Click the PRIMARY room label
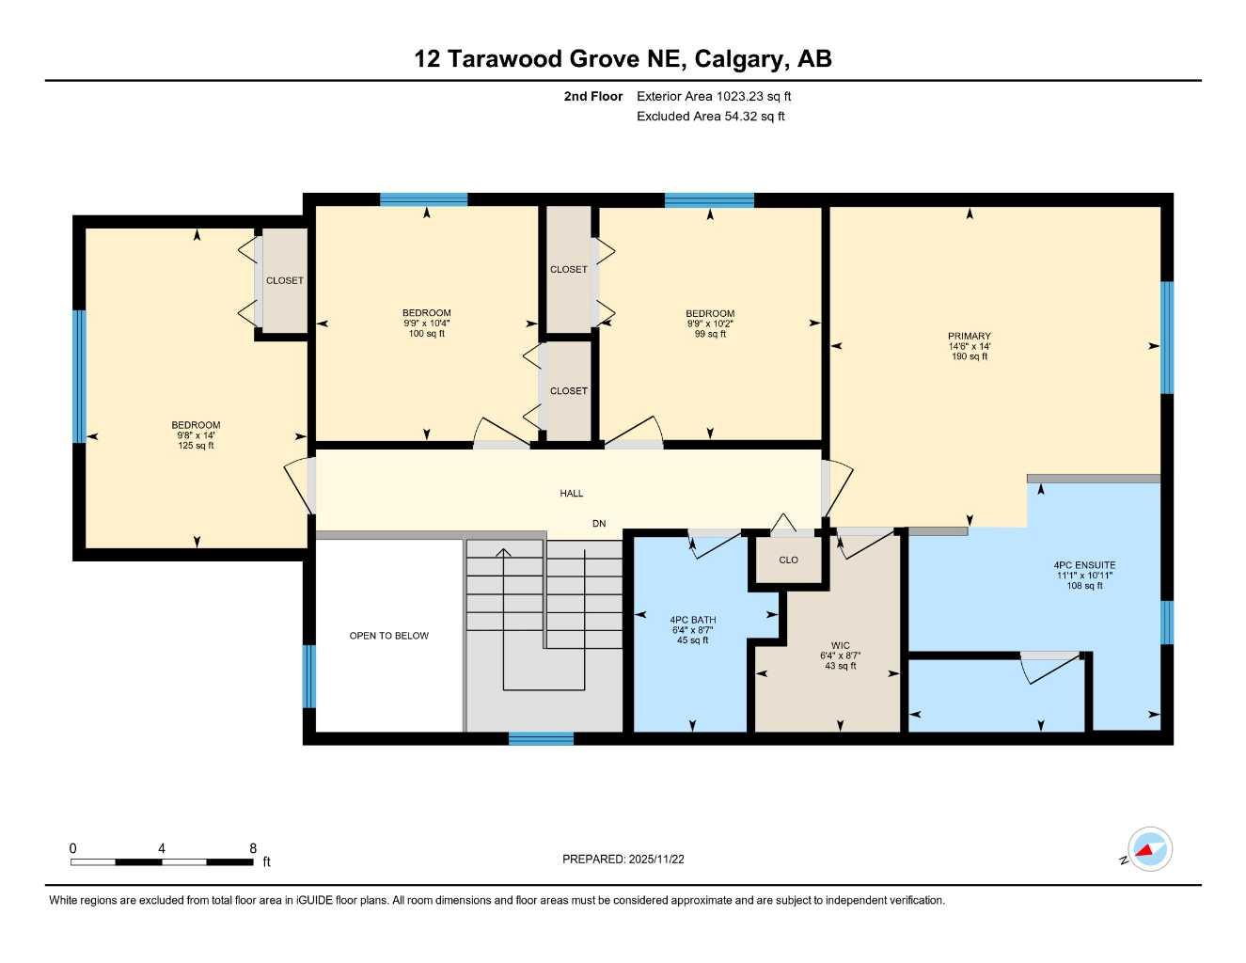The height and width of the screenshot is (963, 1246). click(x=969, y=336)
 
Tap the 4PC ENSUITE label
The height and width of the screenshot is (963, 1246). click(x=1084, y=565)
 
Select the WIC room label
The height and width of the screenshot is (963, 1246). click(x=840, y=646)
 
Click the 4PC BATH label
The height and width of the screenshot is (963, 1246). click(x=692, y=620)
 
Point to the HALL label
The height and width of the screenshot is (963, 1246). click(x=571, y=493)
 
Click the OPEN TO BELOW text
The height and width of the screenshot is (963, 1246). click(x=388, y=636)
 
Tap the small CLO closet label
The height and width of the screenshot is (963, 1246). click(x=788, y=560)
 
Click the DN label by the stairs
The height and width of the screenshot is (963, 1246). click(x=599, y=524)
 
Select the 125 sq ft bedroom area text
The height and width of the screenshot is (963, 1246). click(x=196, y=446)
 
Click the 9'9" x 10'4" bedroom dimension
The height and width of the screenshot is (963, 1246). click(x=426, y=323)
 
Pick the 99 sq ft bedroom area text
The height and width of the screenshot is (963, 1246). click(x=710, y=334)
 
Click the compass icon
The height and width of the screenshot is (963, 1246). click(x=1149, y=850)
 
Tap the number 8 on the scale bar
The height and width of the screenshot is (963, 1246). click(x=253, y=848)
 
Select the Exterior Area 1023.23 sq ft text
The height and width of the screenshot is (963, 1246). click(x=714, y=96)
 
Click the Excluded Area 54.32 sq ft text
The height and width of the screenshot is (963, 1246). click(x=710, y=117)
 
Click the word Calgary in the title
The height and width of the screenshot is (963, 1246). click(x=738, y=59)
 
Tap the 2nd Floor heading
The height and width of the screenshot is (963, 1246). click(x=592, y=96)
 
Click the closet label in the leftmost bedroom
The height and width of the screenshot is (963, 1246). click(x=284, y=280)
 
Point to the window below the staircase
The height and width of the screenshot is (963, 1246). click(x=541, y=738)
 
